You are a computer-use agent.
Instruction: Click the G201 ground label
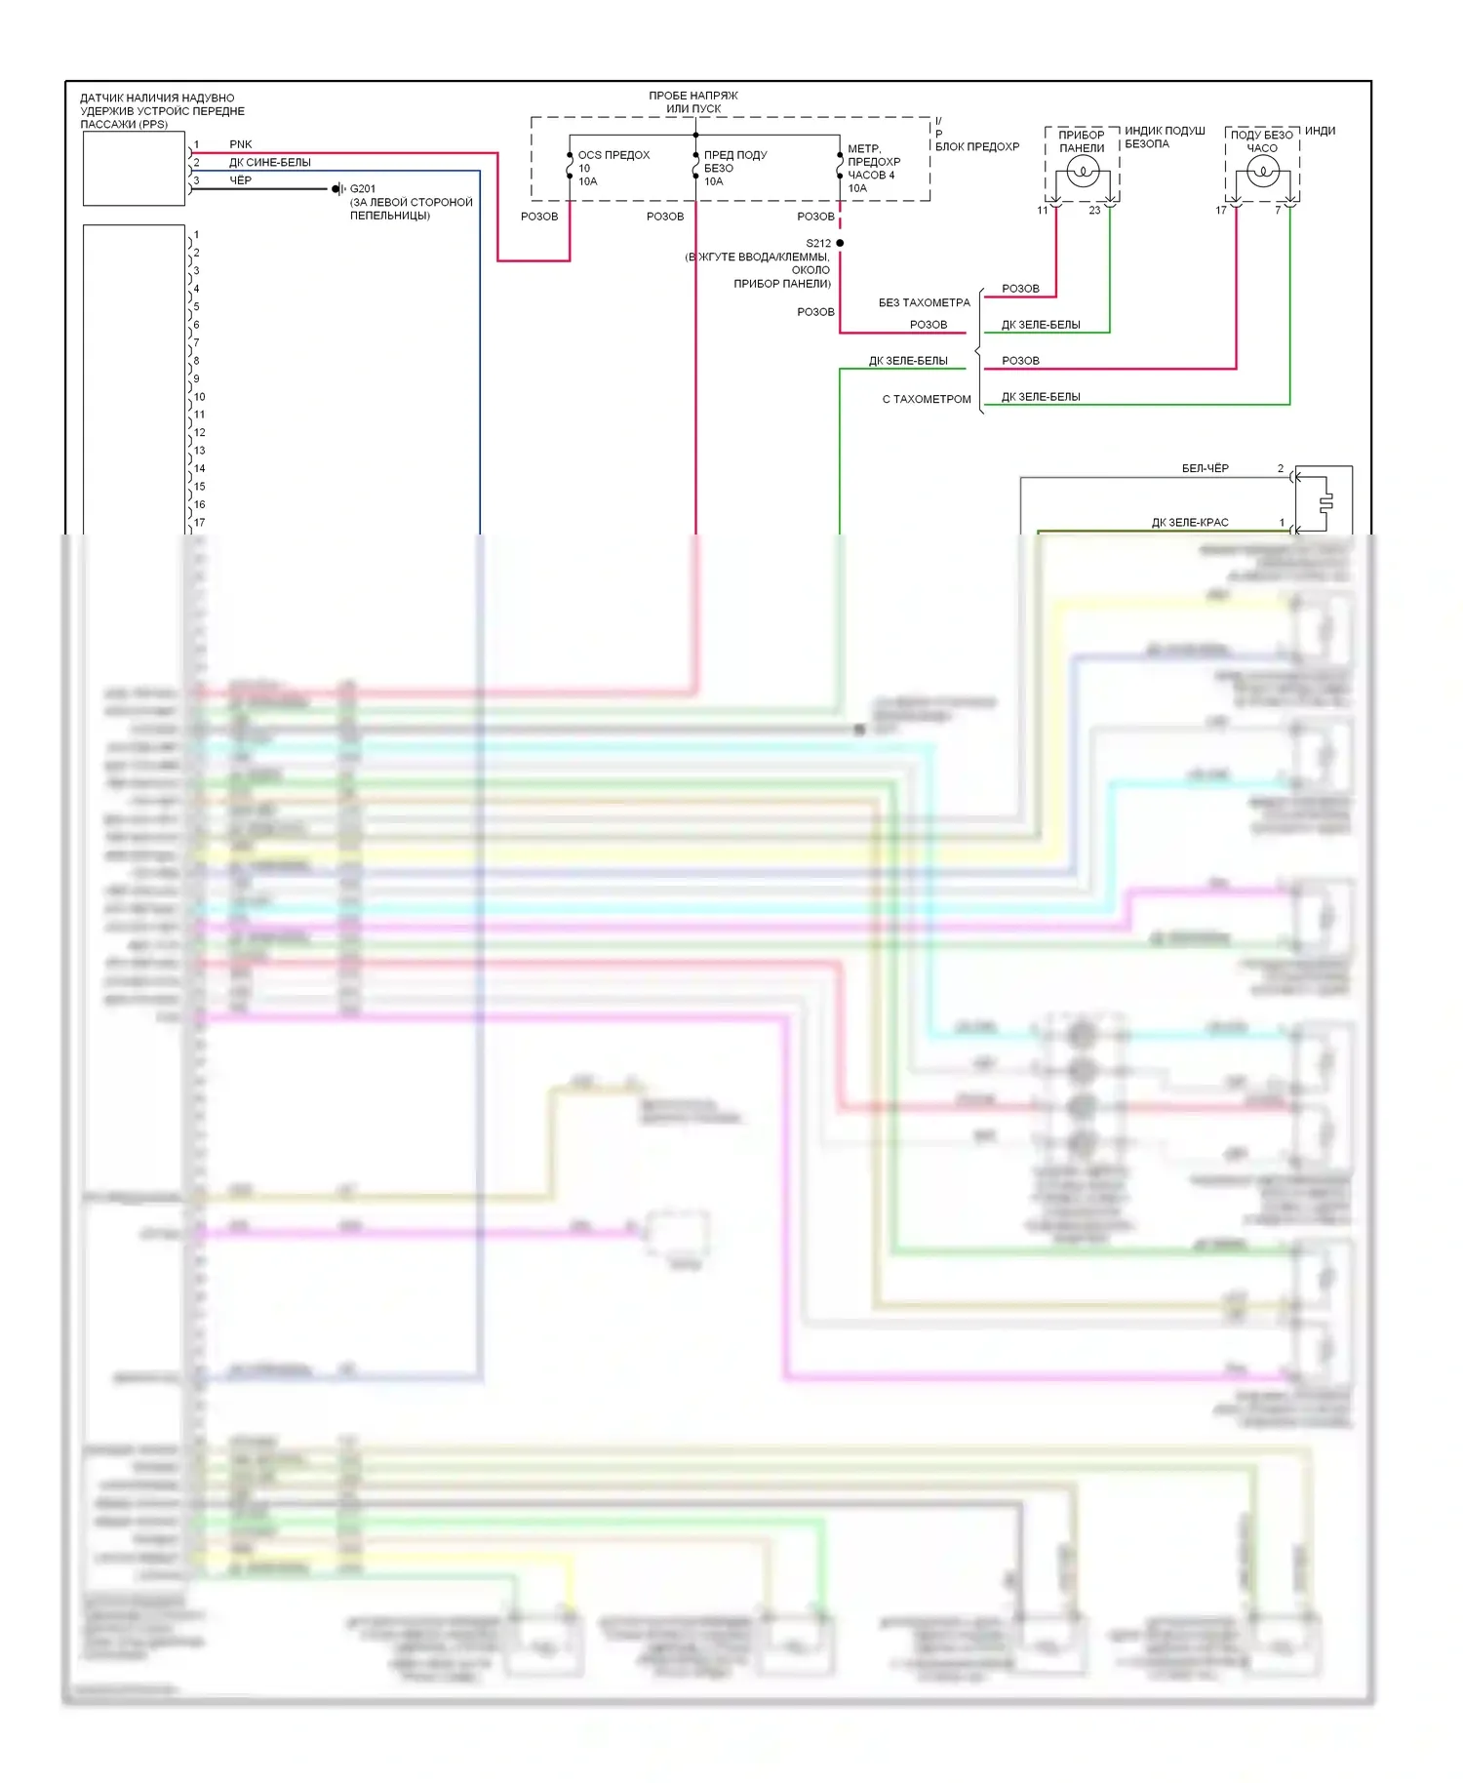click(363, 188)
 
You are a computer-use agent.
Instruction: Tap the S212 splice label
click(818, 243)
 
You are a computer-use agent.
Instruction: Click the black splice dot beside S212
click(840, 243)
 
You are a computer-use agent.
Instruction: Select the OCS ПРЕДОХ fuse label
click(613, 155)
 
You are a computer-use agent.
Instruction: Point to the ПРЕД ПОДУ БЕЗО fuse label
click(734, 161)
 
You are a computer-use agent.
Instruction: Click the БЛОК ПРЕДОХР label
click(976, 147)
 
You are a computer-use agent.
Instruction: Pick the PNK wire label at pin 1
click(240, 144)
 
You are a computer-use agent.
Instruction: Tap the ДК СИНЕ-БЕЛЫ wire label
click(270, 163)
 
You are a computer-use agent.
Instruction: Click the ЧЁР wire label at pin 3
click(240, 180)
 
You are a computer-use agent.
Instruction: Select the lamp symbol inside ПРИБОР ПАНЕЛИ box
click(1083, 173)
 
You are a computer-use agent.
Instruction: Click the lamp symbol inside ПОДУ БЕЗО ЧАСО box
click(1262, 173)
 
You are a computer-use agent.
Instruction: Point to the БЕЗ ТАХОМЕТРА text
click(924, 302)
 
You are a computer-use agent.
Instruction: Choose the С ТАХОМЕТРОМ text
click(927, 399)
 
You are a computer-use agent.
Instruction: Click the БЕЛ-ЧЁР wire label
click(1205, 468)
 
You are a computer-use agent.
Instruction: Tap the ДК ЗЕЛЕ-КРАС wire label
click(1190, 523)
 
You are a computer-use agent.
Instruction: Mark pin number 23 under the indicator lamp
click(1094, 211)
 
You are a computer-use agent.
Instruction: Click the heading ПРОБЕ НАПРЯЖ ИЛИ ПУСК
click(693, 102)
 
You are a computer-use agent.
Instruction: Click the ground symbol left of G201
click(338, 188)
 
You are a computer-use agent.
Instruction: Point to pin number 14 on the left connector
click(199, 468)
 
